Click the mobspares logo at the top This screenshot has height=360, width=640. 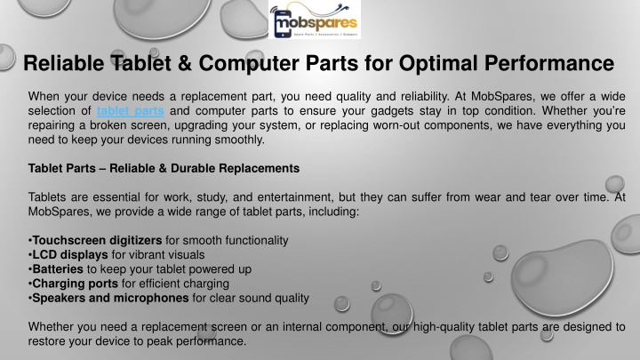[315, 20]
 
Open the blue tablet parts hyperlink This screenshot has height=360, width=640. [130, 110]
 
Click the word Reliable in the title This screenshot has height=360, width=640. [64, 63]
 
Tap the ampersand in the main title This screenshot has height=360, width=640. [185, 63]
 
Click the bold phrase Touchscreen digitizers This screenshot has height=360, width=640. [97, 240]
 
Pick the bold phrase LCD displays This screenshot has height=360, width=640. [70, 255]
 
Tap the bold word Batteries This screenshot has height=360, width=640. [58, 269]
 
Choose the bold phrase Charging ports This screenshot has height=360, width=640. [75, 284]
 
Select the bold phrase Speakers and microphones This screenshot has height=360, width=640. [110, 298]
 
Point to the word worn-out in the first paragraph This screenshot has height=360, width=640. [396, 125]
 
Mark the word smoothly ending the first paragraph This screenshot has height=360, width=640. [240, 140]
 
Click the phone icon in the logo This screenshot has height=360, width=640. [283, 23]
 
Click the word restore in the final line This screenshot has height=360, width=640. [46, 341]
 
